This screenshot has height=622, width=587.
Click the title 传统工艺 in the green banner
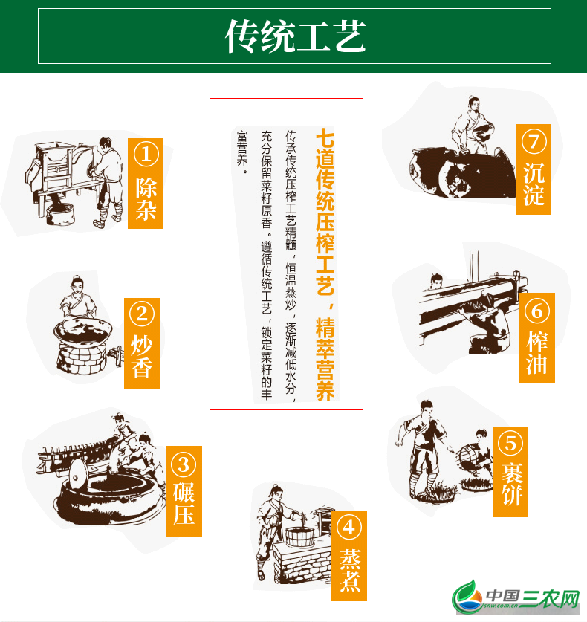coord(296,36)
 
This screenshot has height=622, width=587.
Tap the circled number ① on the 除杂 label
coord(146,155)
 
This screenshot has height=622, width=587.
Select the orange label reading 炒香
coord(142,343)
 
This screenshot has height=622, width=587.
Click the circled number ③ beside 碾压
coord(184,464)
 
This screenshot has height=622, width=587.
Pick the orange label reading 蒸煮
coord(349,556)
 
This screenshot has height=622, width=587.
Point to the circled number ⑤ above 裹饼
coord(510,444)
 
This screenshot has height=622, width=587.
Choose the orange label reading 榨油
coord(537,338)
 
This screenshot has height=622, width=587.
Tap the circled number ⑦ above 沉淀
coord(534,141)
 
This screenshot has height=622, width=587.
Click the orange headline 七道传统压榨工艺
coord(325,212)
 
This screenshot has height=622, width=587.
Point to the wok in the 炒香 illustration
coord(83,331)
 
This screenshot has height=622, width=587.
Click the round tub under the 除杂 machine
coord(60,214)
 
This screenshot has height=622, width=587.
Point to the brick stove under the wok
coord(81,359)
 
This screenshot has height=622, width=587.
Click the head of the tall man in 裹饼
coord(427,409)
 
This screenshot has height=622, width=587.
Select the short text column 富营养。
coord(242,152)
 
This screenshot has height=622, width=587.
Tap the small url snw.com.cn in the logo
coord(501,606)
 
